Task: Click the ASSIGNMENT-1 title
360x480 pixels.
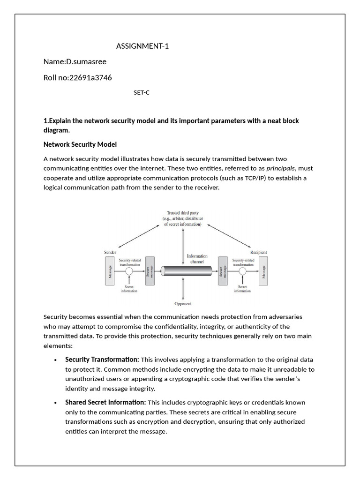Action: (x=142, y=46)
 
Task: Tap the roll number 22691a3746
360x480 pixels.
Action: (x=90, y=77)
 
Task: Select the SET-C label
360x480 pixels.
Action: (x=142, y=92)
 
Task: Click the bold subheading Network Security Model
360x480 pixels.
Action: (x=80, y=144)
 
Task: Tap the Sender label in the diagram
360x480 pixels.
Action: (x=110, y=252)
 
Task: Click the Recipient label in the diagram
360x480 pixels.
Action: (x=258, y=252)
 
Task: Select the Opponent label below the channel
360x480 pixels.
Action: (x=183, y=304)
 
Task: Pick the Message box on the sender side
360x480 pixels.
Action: (x=110, y=271)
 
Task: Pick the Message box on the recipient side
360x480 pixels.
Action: (x=263, y=271)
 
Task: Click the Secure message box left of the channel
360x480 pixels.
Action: (x=150, y=271)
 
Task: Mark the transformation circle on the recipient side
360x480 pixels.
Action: (x=243, y=271)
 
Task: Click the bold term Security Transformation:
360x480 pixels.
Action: (x=102, y=360)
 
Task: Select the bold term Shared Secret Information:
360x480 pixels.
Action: (x=105, y=402)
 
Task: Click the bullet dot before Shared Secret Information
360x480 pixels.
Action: (x=56, y=403)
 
